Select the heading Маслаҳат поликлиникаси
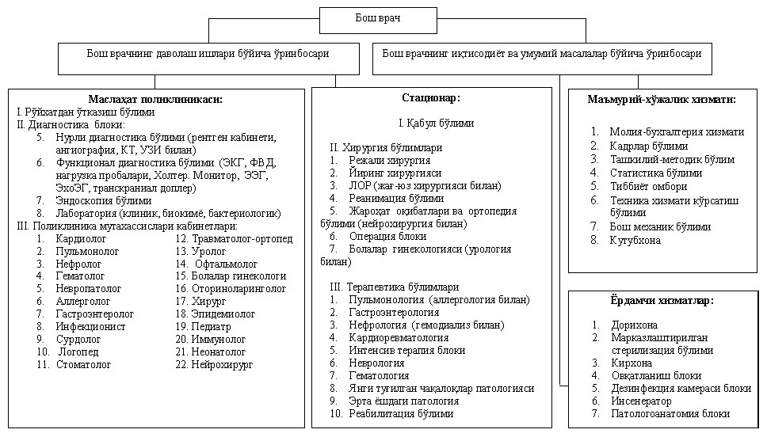point(155,99)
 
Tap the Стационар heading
point(431,97)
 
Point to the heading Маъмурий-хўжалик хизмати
point(662,100)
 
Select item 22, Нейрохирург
point(224,365)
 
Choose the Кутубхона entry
point(635,240)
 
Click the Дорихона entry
point(634,325)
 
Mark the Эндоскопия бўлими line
point(104,200)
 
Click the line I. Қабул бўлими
point(436,123)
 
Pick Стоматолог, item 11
point(83,365)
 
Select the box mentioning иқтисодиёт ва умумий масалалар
point(542,55)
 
